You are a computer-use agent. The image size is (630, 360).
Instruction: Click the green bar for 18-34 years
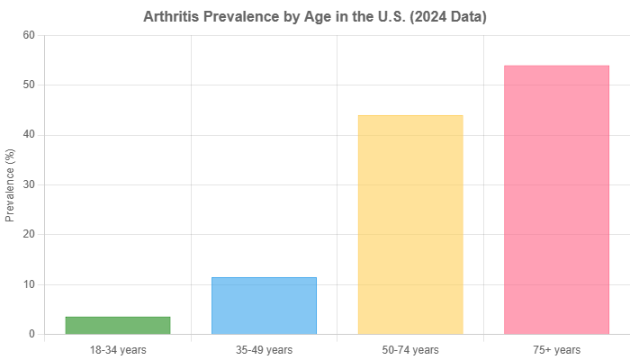(118, 325)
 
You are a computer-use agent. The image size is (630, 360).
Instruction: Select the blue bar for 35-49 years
(265, 305)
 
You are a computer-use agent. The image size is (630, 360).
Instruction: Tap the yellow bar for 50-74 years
(410, 224)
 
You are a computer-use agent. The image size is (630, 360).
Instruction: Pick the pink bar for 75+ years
(556, 199)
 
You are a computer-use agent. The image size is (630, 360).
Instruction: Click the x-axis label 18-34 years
(118, 349)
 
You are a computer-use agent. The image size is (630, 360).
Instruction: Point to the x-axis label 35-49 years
(265, 349)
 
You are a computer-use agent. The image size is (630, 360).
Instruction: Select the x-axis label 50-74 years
(410, 349)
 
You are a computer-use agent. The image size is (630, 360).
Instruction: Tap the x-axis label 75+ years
(556, 349)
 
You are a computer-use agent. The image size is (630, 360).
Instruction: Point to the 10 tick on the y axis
(29, 284)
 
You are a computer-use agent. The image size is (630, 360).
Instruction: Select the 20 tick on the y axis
(29, 234)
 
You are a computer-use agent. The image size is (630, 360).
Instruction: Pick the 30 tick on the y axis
(29, 184)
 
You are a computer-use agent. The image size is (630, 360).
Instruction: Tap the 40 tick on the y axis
(29, 134)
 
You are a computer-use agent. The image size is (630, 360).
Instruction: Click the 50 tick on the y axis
(29, 85)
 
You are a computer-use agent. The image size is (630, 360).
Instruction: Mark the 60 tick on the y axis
(29, 34)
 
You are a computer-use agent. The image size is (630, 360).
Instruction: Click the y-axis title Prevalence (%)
(11, 184)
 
